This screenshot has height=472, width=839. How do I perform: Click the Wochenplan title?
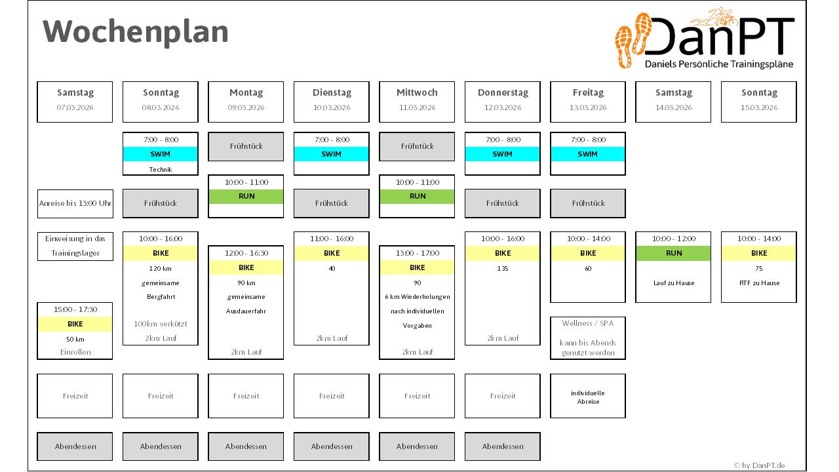[135, 32]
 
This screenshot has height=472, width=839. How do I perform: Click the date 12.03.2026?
[503, 108]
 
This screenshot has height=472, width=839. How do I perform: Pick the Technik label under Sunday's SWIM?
[161, 170]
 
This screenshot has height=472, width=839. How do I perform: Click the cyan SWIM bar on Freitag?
[588, 154]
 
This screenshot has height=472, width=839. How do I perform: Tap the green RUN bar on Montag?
[246, 196]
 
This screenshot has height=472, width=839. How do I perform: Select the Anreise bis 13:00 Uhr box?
[75, 204]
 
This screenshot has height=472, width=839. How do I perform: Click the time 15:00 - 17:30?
[75, 309]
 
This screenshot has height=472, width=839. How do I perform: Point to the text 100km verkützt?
[161, 324]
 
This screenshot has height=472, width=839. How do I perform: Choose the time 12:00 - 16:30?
[246, 253]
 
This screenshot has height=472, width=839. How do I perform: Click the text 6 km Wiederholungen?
[418, 297]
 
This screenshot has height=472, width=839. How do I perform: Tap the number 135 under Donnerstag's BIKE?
[503, 269]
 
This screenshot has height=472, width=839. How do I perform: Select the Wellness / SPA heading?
[588, 323]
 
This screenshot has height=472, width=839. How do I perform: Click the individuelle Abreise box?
[588, 396]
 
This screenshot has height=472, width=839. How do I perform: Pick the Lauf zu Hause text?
[673, 283]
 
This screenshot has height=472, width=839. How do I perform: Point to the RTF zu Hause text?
[759, 283]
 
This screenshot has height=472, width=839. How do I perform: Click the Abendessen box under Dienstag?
[332, 446]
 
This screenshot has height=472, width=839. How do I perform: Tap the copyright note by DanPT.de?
[759, 465]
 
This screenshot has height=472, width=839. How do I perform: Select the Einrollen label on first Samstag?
[75, 352]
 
